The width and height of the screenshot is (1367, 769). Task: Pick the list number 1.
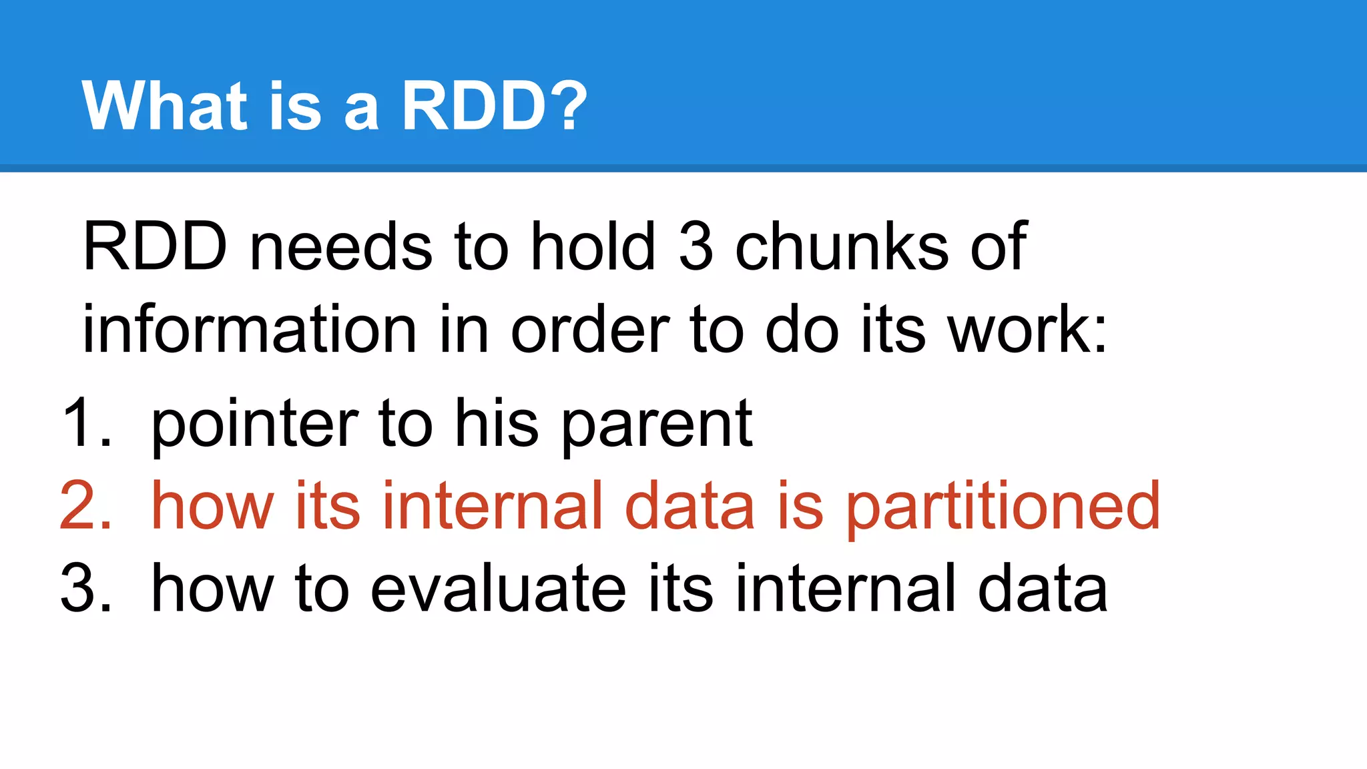[x=85, y=423]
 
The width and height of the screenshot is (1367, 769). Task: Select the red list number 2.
[x=85, y=506]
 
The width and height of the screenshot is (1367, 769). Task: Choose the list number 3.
[x=85, y=588]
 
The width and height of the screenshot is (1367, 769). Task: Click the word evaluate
[x=498, y=588]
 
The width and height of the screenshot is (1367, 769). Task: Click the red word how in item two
[x=212, y=506]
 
